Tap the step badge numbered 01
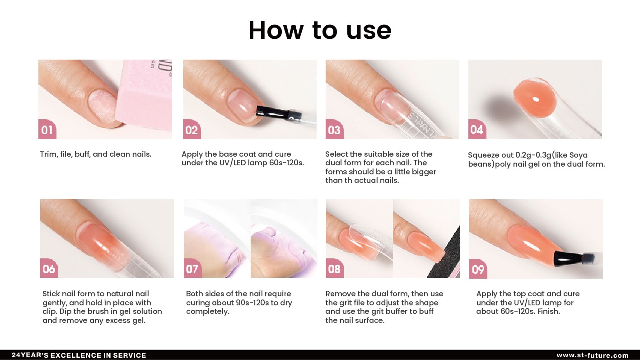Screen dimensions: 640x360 [47, 129]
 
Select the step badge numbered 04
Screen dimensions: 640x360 [477, 129]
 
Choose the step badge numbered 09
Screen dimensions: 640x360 [478, 269]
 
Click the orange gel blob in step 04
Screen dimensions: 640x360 [535, 98]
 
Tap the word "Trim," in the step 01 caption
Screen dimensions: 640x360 [49, 154]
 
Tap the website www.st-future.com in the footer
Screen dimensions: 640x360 [593, 355]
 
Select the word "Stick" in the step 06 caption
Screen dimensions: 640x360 [51, 294]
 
